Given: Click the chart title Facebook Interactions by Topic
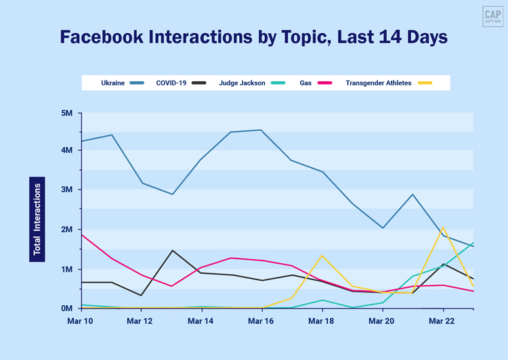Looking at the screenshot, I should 254,37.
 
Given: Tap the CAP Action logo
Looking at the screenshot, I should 492,17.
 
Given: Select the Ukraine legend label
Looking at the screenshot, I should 112,83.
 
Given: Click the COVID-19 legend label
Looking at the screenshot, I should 171,83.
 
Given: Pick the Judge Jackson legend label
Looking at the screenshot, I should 242,83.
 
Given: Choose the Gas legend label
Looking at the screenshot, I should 306,83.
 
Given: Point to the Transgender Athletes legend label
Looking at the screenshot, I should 378,83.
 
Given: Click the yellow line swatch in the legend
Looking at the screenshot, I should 425,83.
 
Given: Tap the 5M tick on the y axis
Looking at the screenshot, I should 66,112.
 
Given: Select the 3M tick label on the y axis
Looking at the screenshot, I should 66,190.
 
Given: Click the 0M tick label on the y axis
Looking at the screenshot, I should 66,309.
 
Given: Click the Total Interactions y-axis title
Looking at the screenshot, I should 37,219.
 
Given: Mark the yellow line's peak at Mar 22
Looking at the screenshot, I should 443,228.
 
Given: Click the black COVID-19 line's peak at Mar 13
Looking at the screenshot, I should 172,250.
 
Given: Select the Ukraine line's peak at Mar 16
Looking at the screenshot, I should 261,130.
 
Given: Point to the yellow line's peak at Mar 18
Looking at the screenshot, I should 322,256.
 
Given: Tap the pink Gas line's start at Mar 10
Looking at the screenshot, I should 81,235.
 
